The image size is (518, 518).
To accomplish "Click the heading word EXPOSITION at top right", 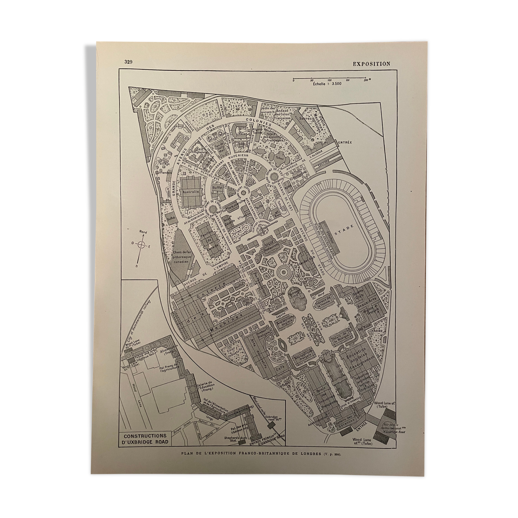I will [x=371, y=64].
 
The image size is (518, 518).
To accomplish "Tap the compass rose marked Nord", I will [x=141, y=245].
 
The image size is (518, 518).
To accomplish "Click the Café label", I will [x=279, y=369].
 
